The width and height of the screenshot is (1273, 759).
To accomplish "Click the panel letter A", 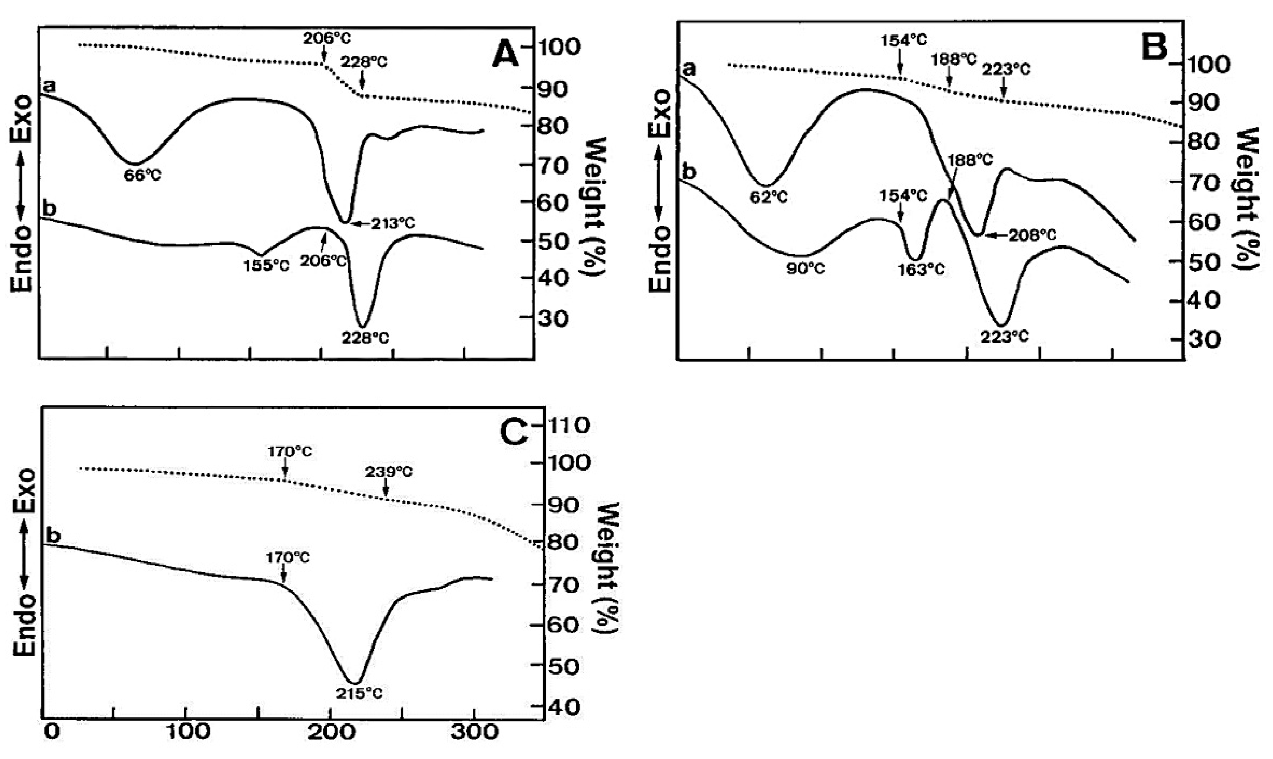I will tap(505, 56).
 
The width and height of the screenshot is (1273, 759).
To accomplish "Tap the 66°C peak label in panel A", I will tap(143, 176).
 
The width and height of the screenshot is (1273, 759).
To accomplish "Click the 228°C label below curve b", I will tap(365, 338).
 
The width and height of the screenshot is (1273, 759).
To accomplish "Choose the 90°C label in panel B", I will tap(806, 268).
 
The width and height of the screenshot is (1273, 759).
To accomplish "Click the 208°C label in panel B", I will tap(1032, 235).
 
